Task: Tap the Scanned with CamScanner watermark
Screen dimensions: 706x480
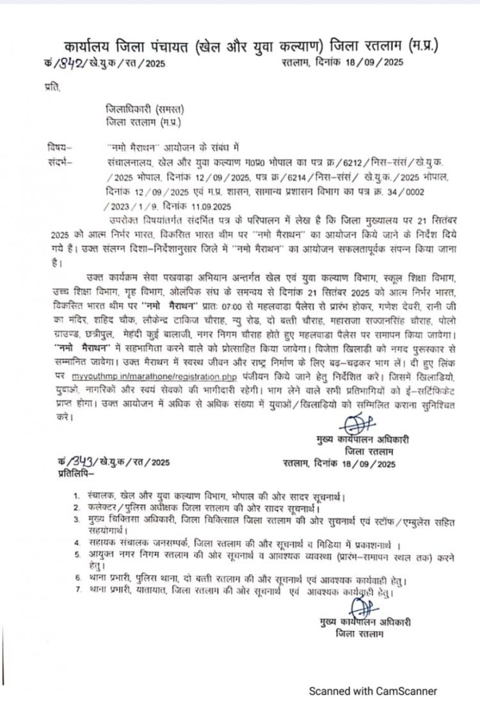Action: (x=373, y=691)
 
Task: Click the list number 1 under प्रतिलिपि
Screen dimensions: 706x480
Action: (x=74, y=495)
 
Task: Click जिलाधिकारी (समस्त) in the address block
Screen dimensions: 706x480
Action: (x=134, y=110)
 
